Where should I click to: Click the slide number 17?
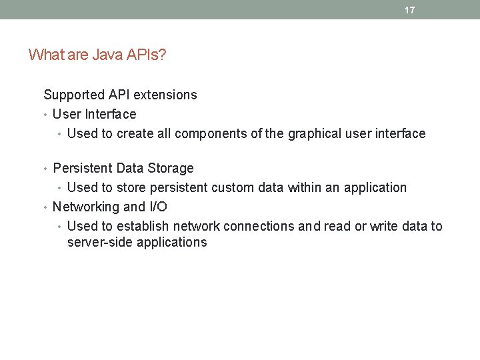click(x=409, y=10)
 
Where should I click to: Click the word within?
click(x=305, y=187)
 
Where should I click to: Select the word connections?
click(x=259, y=226)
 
